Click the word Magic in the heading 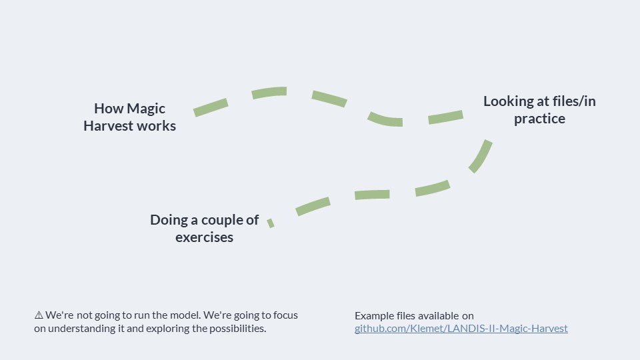pyautogui.click(x=146, y=109)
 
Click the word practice pyautogui.click(x=539, y=119)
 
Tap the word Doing pyautogui.click(x=169, y=221)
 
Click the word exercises pyautogui.click(x=204, y=237)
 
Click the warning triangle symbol pyautogui.click(x=39, y=315)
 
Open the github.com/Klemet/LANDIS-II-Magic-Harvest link pyautogui.click(x=461, y=329)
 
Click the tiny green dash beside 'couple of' pyautogui.click(x=271, y=223)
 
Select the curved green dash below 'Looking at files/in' pyautogui.click(x=481, y=156)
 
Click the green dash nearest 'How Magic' pyautogui.click(x=211, y=107)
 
